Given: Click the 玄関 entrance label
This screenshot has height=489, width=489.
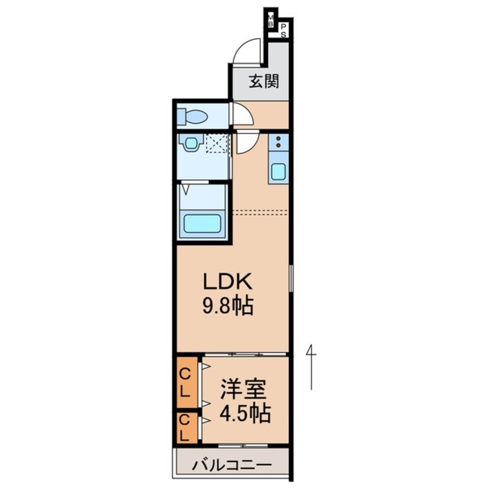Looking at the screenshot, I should click(x=264, y=81).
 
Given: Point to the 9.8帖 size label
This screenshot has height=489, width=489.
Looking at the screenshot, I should click(x=227, y=306).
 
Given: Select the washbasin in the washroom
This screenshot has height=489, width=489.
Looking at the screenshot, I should click(x=188, y=143).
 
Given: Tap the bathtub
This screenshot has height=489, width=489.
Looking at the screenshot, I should click(x=202, y=223).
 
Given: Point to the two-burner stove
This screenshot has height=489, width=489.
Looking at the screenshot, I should click(x=278, y=142).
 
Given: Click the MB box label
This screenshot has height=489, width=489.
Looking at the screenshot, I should click(x=271, y=20).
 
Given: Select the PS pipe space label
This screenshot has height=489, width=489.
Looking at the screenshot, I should click(x=284, y=30).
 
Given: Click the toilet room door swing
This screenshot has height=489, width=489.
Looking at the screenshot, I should click(x=242, y=114).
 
